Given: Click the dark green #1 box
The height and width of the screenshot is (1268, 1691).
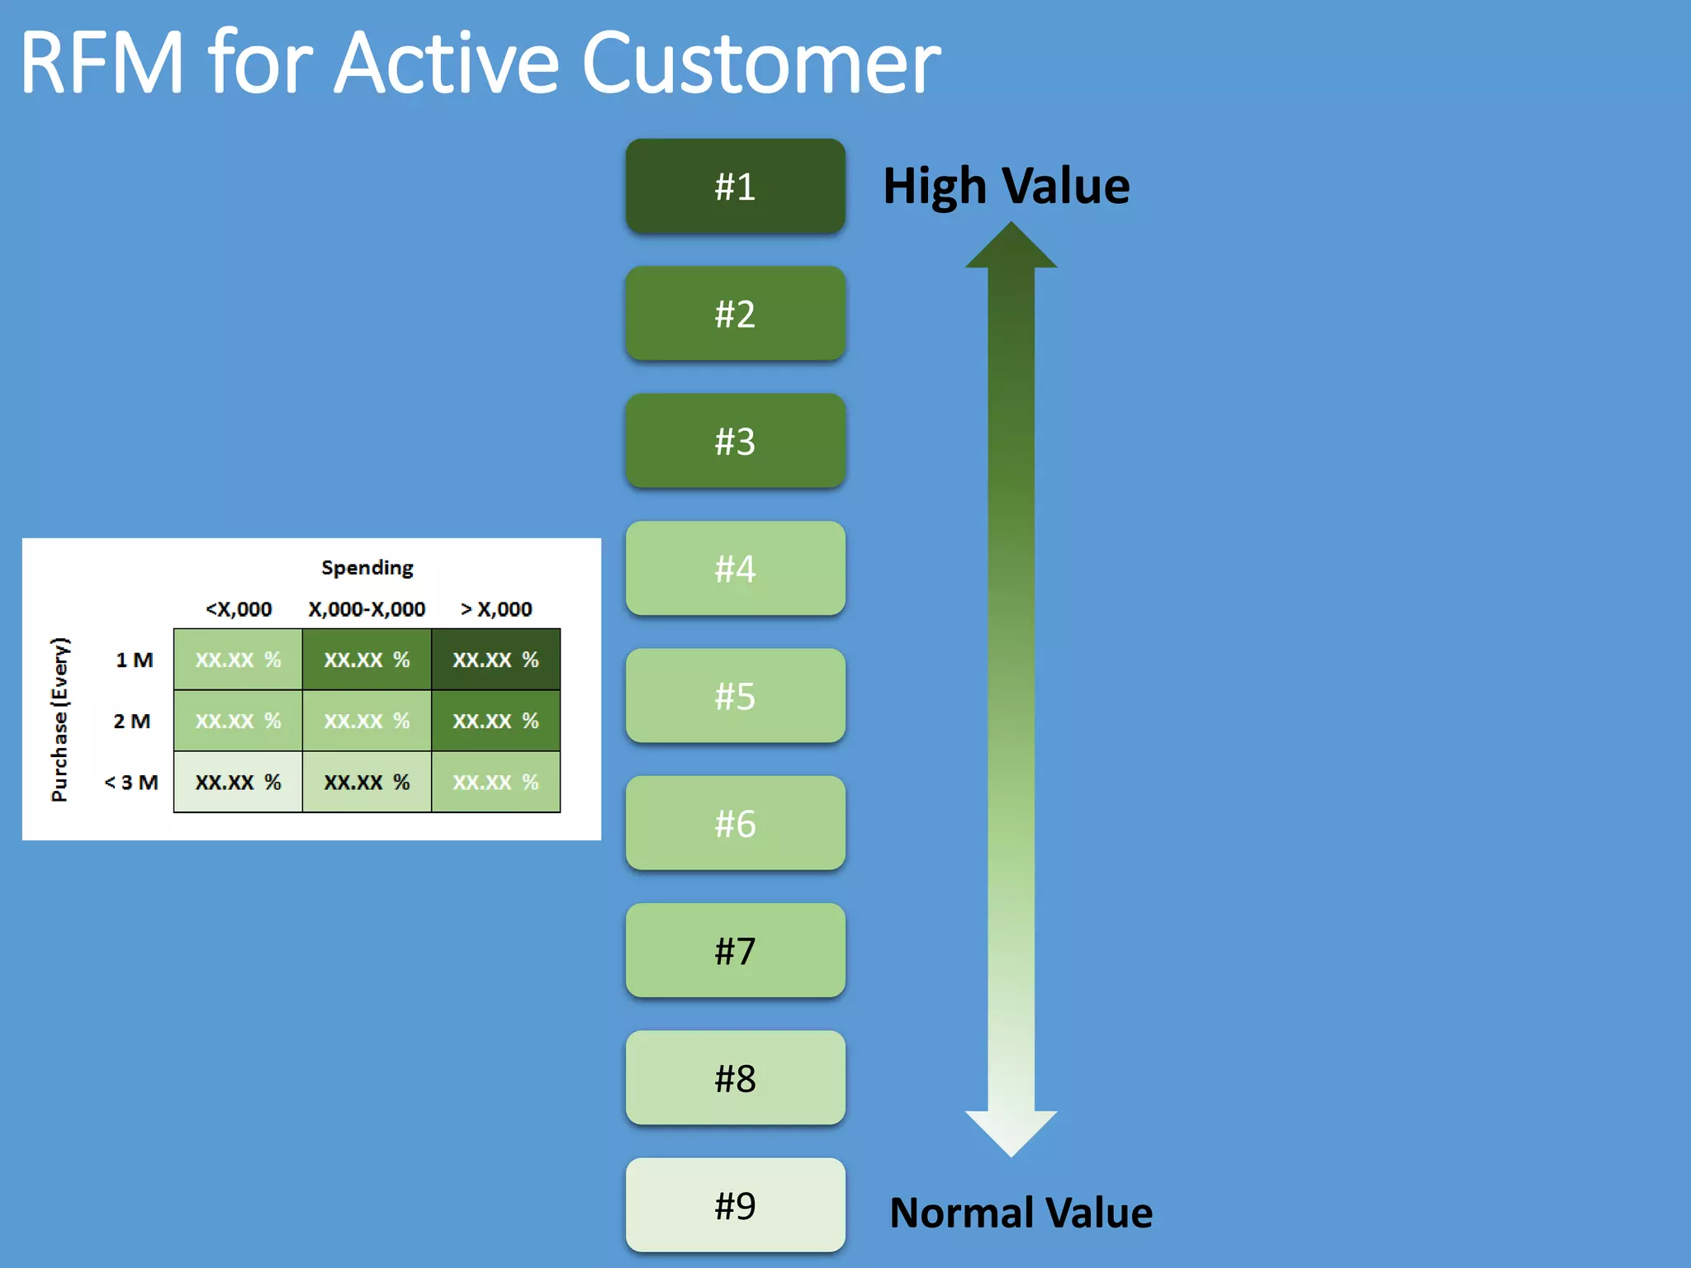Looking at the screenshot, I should (x=735, y=187).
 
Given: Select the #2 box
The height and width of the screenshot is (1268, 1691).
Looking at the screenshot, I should (x=735, y=314).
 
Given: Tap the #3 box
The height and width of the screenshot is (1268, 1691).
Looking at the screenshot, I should (x=735, y=441).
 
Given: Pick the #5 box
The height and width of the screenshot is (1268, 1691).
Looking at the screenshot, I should (x=735, y=696).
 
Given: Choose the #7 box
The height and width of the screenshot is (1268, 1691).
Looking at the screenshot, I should (x=735, y=950).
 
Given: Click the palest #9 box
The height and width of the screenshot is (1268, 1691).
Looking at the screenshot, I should (x=735, y=1205).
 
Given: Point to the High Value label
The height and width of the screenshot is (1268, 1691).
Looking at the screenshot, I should (x=1006, y=187).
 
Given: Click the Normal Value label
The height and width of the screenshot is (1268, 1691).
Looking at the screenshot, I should (x=1021, y=1213).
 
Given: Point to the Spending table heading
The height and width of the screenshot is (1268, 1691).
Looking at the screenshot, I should (x=367, y=568).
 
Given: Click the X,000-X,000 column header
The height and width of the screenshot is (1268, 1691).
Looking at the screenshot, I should (x=367, y=609).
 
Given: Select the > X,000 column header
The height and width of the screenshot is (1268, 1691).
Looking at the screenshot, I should (x=495, y=609).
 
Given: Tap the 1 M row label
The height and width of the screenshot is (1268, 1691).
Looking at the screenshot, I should (x=134, y=660).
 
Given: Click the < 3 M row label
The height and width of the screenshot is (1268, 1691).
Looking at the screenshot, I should (x=130, y=782).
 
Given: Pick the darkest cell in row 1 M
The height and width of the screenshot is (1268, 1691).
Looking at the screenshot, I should (x=495, y=660).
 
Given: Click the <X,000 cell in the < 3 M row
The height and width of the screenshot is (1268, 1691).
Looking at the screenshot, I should (x=238, y=782).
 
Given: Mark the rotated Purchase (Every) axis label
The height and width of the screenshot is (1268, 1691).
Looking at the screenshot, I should (x=60, y=720).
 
